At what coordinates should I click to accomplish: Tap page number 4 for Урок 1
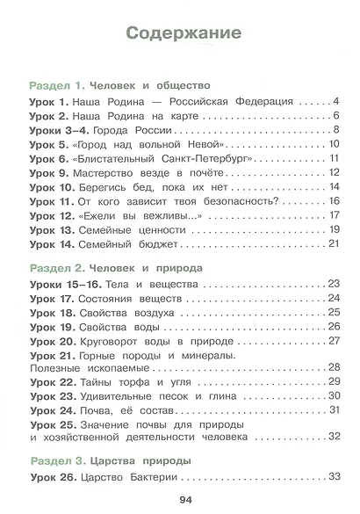(336, 102)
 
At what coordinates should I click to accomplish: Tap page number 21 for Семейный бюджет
(333, 243)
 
